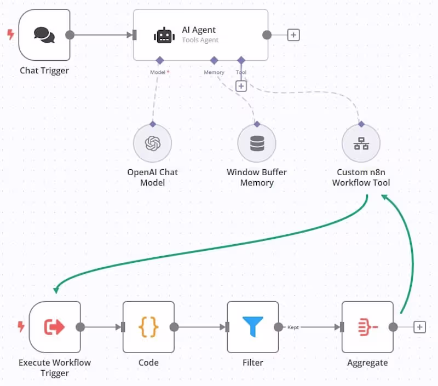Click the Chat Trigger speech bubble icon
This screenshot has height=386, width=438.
pos(44,35)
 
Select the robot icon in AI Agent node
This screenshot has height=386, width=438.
pos(164,36)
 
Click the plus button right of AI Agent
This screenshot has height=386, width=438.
pos(293,35)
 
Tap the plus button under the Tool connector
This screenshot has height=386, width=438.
pos(241,86)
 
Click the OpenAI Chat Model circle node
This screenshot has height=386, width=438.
pos(153,143)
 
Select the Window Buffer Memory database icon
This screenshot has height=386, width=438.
pos(256,143)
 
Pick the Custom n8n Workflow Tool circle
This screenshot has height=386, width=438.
pos(361,143)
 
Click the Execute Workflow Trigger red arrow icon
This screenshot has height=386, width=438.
pos(54,327)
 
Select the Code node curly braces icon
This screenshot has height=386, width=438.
pos(148,327)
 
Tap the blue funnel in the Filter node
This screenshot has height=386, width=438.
pos(252,327)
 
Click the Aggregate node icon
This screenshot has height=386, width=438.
pos(367,327)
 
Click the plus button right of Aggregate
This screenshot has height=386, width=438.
pos(419,327)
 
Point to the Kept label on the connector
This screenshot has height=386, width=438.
pos(293,327)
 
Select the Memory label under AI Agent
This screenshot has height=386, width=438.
pos(214,72)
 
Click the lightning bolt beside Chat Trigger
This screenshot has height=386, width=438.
pos(10,34)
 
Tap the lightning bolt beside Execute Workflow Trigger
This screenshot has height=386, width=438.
pos(21,327)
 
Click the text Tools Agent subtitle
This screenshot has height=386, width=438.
pos(200,40)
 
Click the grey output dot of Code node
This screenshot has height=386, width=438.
pos(174,327)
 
